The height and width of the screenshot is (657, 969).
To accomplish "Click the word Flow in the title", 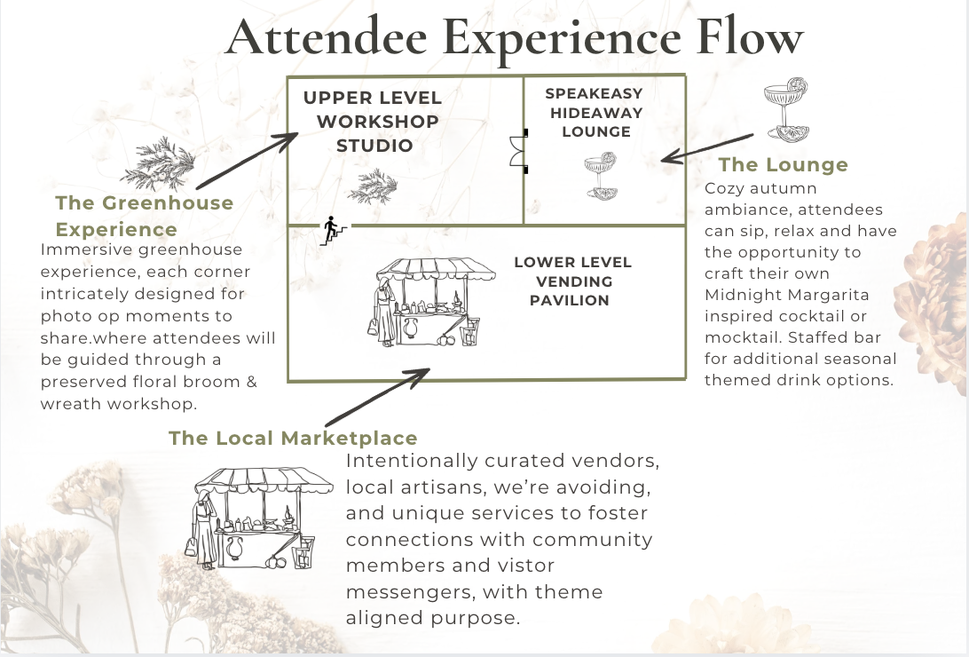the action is pyautogui.click(x=750, y=37).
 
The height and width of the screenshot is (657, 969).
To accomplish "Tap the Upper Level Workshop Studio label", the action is pyautogui.click(x=374, y=121).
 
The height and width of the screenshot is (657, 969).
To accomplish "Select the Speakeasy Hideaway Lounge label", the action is pyautogui.click(x=595, y=113).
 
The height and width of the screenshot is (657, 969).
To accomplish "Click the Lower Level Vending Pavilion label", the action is pyautogui.click(x=572, y=281).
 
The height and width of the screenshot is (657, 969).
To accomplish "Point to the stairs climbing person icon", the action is pyautogui.click(x=332, y=231).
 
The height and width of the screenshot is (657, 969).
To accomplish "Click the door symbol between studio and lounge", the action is pyautogui.click(x=518, y=152).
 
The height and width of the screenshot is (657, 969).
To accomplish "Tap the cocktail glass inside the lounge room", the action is pyautogui.click(x=601, y=176).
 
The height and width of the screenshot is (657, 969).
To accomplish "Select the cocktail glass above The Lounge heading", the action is pyautogui.click(x=787, y=110).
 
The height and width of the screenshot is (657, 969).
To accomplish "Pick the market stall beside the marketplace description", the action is pyautogui.click(x=258, y=518).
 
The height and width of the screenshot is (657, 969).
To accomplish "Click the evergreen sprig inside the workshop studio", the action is pyautogui.click(x=373, y=186).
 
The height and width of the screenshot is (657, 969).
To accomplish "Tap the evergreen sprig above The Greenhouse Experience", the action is pyautogui.click(x=158, y=163).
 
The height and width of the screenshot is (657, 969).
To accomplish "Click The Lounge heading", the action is pyautogui.click(x=783, y=164).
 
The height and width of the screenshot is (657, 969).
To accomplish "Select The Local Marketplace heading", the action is pyautogui.click(x=293, y=438).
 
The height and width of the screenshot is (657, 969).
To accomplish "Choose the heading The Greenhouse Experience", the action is pyautogui.click(x=145, y=216).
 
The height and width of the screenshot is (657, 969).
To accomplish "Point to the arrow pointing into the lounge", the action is pyautogui.click(x=707, y=148).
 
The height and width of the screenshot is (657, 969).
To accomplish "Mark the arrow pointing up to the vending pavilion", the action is pyautogui.click(x=378, y=397).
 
